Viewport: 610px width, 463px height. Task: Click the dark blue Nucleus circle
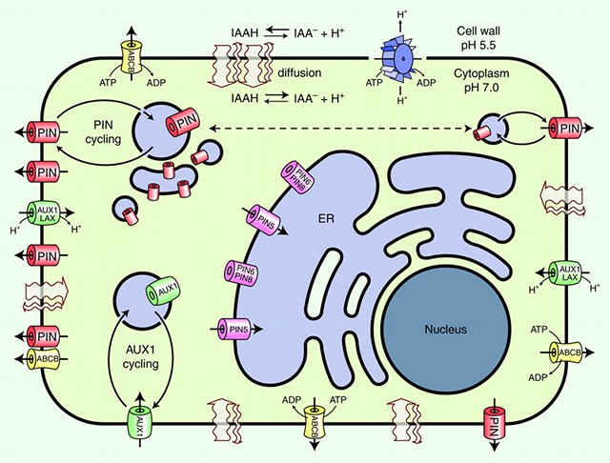pyautogui.click(x=445, y=329)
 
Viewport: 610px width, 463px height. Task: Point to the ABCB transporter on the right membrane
pyautogui.click(x=569, y=352)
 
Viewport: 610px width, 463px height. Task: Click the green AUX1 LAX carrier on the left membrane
pyautogui.click(x=46, y=218)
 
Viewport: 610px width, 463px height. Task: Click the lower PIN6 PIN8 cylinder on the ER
pyautogui.click(x=241, y=274)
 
